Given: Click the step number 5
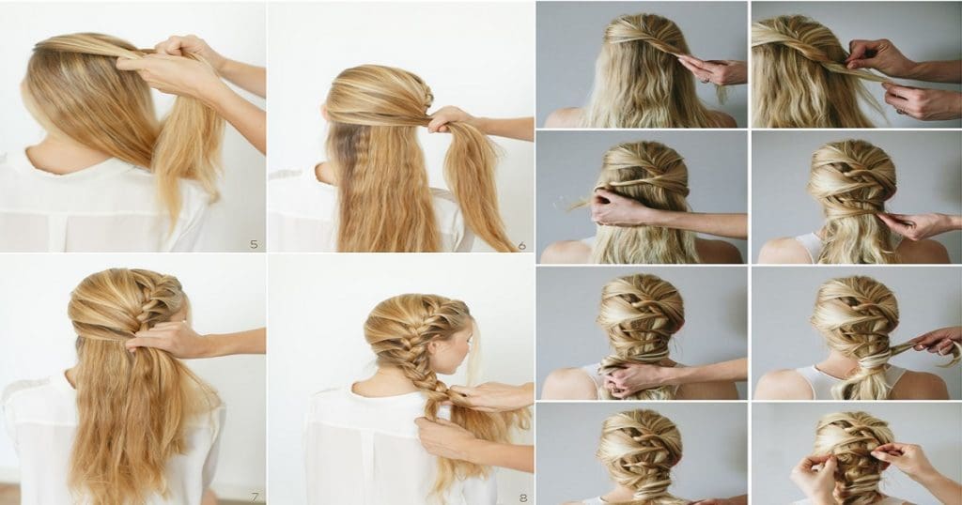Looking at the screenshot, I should pos(254,244).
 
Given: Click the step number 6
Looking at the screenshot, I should pos(522,245).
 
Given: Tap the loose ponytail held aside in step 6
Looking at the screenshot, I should pos(479,188).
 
